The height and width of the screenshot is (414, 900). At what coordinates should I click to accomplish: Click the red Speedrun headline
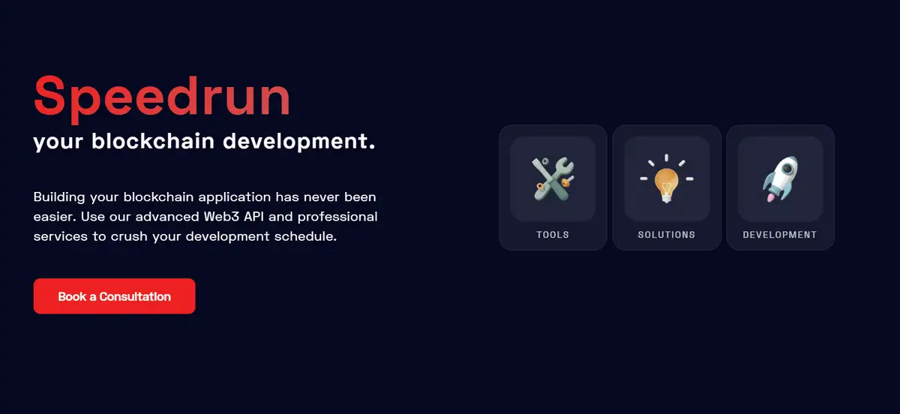(x=162, y=98)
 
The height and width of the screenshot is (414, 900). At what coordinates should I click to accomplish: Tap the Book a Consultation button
(x=115, y=296)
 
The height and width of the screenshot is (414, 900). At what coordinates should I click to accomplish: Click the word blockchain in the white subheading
(x=153, y=141)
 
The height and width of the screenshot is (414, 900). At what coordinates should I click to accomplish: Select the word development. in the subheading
(x=299, y=142)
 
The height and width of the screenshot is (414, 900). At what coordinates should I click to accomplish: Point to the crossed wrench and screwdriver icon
(x=553, y=178)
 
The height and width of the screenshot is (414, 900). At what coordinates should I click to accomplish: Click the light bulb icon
(x=667, y=178)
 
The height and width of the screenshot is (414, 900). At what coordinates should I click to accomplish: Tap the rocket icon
(x=780, y=178)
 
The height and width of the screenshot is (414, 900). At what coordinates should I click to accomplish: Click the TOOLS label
(x=553, y=235)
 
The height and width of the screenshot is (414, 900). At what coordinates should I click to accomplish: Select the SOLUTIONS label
(x=667, y=235)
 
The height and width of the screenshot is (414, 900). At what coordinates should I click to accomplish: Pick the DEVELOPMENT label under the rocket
(x=780, y=235)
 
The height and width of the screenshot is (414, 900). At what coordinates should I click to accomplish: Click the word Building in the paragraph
(x=59, y=197)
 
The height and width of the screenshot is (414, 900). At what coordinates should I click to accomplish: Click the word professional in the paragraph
(x=337, y=217)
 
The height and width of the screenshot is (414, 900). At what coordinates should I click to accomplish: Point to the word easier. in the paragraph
(x=55, y=217)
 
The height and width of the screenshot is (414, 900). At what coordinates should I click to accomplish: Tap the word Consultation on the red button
(x=135, y=297)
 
